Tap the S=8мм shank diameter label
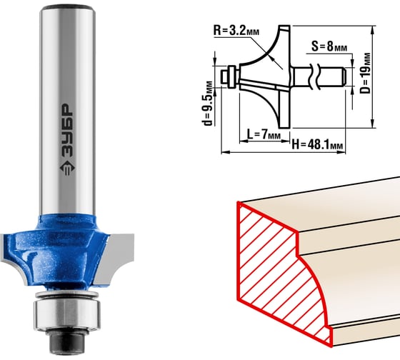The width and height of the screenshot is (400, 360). (x=329, y=46)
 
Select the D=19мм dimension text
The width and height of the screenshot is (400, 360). (x=365, y=73)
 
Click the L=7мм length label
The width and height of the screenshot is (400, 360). (x=264, y=134)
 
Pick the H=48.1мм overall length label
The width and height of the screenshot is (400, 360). (x=317, y=145)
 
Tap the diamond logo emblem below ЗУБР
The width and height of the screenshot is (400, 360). (x=68, y=169)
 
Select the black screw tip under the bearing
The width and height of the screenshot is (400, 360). (x=67, y=342)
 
